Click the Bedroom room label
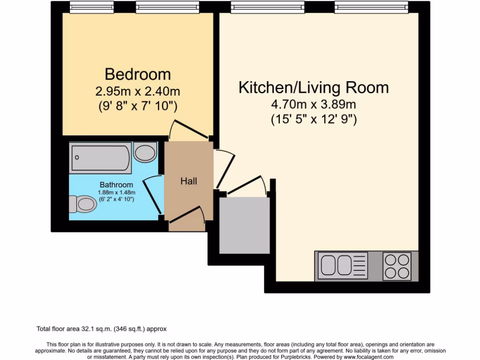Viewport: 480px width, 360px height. tap(137, 74)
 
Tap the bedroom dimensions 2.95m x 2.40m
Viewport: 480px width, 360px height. tap(137, 90)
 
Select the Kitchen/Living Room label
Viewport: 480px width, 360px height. tap(314, 88)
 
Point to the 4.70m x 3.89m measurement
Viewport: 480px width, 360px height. tap(314, 104)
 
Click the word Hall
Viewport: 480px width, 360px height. tap(189, 181)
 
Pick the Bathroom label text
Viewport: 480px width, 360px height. tap(116, 185)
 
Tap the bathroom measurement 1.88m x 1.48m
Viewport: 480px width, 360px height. tap(116, 192)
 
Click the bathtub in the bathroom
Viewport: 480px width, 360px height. tap(101, 158)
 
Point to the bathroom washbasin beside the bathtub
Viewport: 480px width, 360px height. tap(145, 152)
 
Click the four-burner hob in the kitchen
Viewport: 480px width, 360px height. tap(397, 266)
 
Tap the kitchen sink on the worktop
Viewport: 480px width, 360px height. tap(336, 266)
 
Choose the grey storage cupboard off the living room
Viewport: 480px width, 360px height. tap(244, 225)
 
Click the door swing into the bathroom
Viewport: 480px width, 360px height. tap(152, 195)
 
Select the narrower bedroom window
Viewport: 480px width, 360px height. tap(91, 7)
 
